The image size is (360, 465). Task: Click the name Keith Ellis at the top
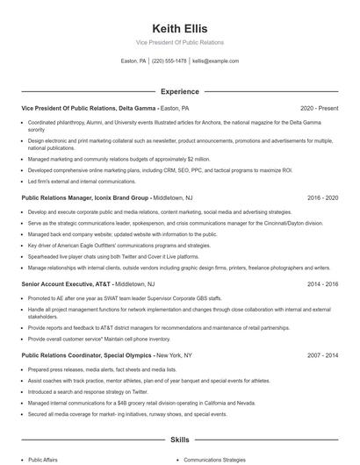[180, 26]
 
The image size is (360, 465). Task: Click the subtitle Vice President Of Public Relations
[180, 42]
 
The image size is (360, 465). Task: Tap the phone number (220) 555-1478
[169, 61]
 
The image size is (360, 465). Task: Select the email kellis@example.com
[215, 61]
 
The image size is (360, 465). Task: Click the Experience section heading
[180, 91]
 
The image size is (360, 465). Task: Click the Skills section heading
[180, 439]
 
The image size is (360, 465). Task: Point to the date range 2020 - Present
[319, 109]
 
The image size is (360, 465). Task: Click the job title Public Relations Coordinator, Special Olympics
[87, 355]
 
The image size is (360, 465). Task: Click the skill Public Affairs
[44, 459]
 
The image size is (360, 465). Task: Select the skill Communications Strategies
[215, 459]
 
